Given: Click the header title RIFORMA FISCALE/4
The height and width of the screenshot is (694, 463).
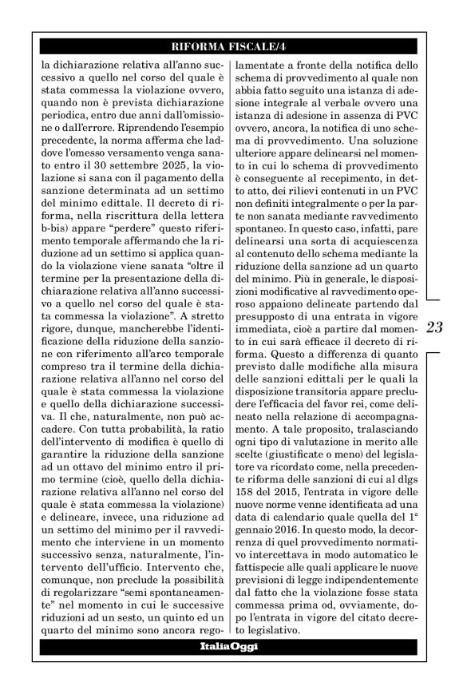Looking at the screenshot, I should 231,45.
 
